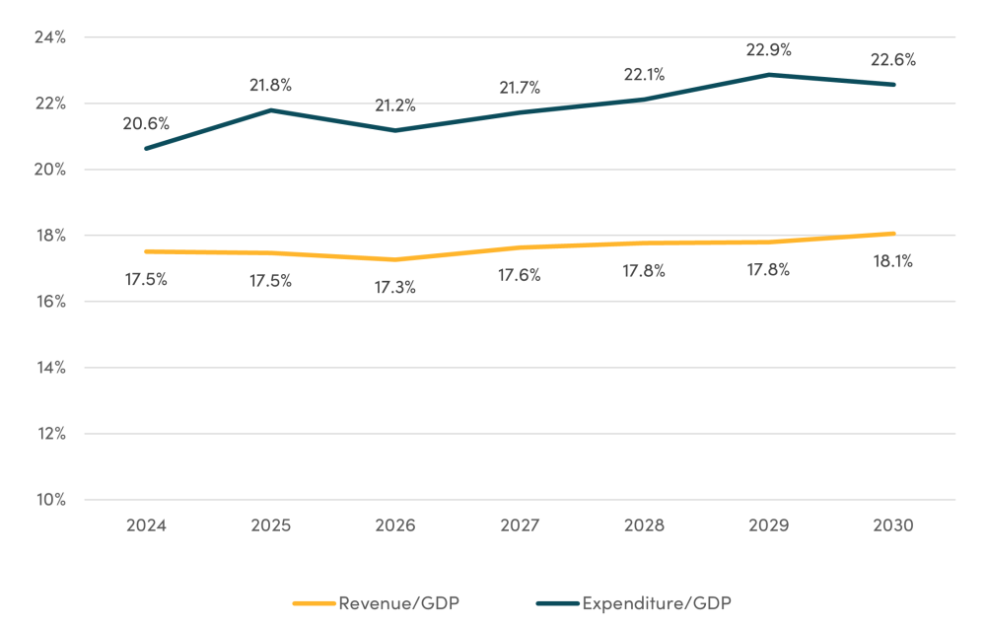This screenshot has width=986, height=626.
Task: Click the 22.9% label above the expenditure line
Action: [x=768, y=49]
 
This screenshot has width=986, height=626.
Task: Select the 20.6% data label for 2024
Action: [x=146, y=124]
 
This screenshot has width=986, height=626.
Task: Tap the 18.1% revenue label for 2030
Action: [x=892, y=262]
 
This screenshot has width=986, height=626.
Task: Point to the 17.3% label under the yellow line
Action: [x=394, y=288]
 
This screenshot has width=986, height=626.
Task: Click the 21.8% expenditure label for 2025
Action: [x=270, y=85]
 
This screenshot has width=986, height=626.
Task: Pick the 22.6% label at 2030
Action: [x=892, y=59]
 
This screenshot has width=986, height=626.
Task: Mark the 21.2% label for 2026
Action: [x=394, y=105]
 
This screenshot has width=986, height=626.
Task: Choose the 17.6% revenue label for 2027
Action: [x=519, y=276]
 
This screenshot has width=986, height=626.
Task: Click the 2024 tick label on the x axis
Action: [x=146, y=525]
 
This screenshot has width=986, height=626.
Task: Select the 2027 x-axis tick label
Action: [x=519, y=525]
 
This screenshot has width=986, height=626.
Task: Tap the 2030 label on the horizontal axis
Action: [x=892, y=525]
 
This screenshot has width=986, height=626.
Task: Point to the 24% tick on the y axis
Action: [x=48, y=37]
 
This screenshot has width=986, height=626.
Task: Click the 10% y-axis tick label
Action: [x=48, y=500]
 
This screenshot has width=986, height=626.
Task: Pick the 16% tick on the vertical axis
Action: [x=48, y=302]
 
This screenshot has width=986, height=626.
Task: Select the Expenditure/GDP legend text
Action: [x=658, y=602]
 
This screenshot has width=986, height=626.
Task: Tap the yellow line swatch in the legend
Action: [x=315, y=602]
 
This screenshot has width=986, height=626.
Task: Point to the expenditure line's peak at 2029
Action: [x=768, y=75]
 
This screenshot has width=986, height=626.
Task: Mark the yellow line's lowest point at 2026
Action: [x=394, y=259]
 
